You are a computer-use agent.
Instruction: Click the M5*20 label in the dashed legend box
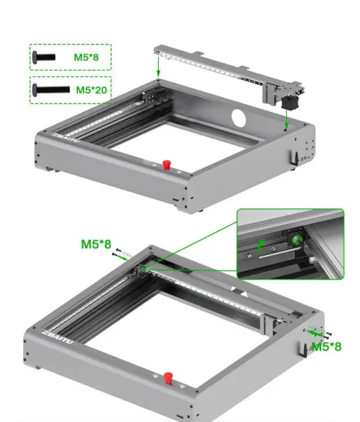pos(91,90)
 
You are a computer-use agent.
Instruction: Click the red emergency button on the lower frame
pos(168,377)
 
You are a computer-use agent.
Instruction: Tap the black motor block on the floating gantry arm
pos(289,103)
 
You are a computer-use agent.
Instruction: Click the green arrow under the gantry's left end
pos(159,67)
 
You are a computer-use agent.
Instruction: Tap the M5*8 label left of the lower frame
pos(96,244)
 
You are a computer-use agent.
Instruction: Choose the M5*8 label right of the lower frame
pos(327,347)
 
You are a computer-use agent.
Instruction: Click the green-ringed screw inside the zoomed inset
pos(292,241)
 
